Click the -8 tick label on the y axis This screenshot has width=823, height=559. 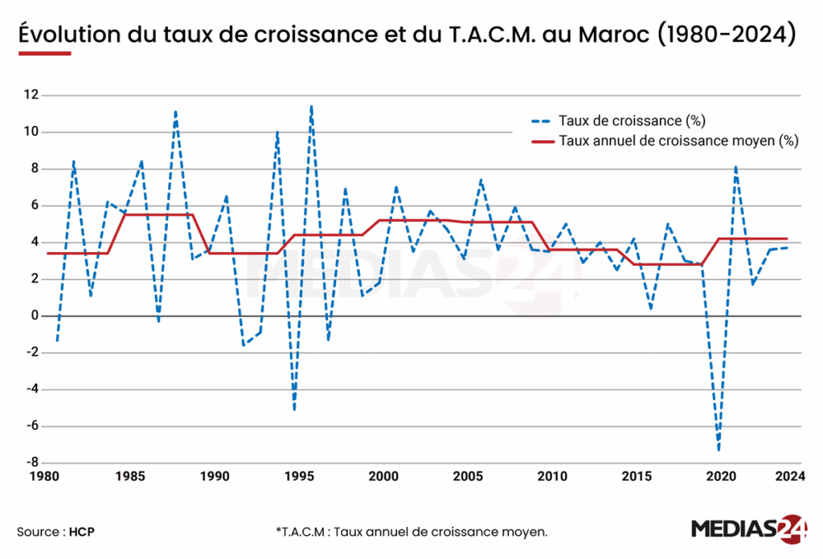click(x=31, y=463)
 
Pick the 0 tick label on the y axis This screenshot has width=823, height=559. click(x=35, y=316)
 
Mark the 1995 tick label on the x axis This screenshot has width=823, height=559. click(x=298, y=475)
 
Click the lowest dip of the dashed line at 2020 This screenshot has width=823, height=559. click(x=719, y=450)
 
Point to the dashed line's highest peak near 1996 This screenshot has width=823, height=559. click(x=311, y=106)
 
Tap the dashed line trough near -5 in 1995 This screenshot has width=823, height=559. click(x=294, y=410)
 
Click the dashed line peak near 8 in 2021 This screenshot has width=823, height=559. click(x=735, y=167)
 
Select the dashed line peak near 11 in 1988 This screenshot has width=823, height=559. click(x=175, y=112)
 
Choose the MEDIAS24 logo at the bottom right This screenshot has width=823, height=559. click(x=749, y=529)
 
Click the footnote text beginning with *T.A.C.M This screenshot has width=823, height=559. click(x=411, y=532)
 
